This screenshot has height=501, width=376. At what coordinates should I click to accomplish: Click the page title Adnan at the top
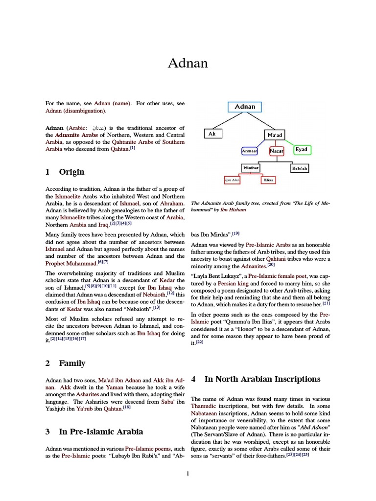tap(188, 63)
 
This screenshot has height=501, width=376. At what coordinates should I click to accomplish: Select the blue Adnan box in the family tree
tap(245, 107)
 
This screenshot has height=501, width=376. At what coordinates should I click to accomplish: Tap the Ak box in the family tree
tap(212, 134)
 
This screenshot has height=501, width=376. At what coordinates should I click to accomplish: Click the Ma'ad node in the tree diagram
tap(275, 134)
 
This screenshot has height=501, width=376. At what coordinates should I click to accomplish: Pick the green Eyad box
tap(302, 150)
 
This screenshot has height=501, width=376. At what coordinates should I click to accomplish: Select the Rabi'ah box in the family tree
tap(300, 168)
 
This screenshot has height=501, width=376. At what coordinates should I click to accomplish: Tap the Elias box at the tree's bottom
tap(268, 180)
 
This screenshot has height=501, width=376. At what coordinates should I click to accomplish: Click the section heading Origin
tap(71, 172)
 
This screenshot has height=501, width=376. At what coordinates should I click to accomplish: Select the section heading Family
tap(72, 363)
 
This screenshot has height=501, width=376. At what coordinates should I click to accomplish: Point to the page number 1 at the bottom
tap(188, 473)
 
